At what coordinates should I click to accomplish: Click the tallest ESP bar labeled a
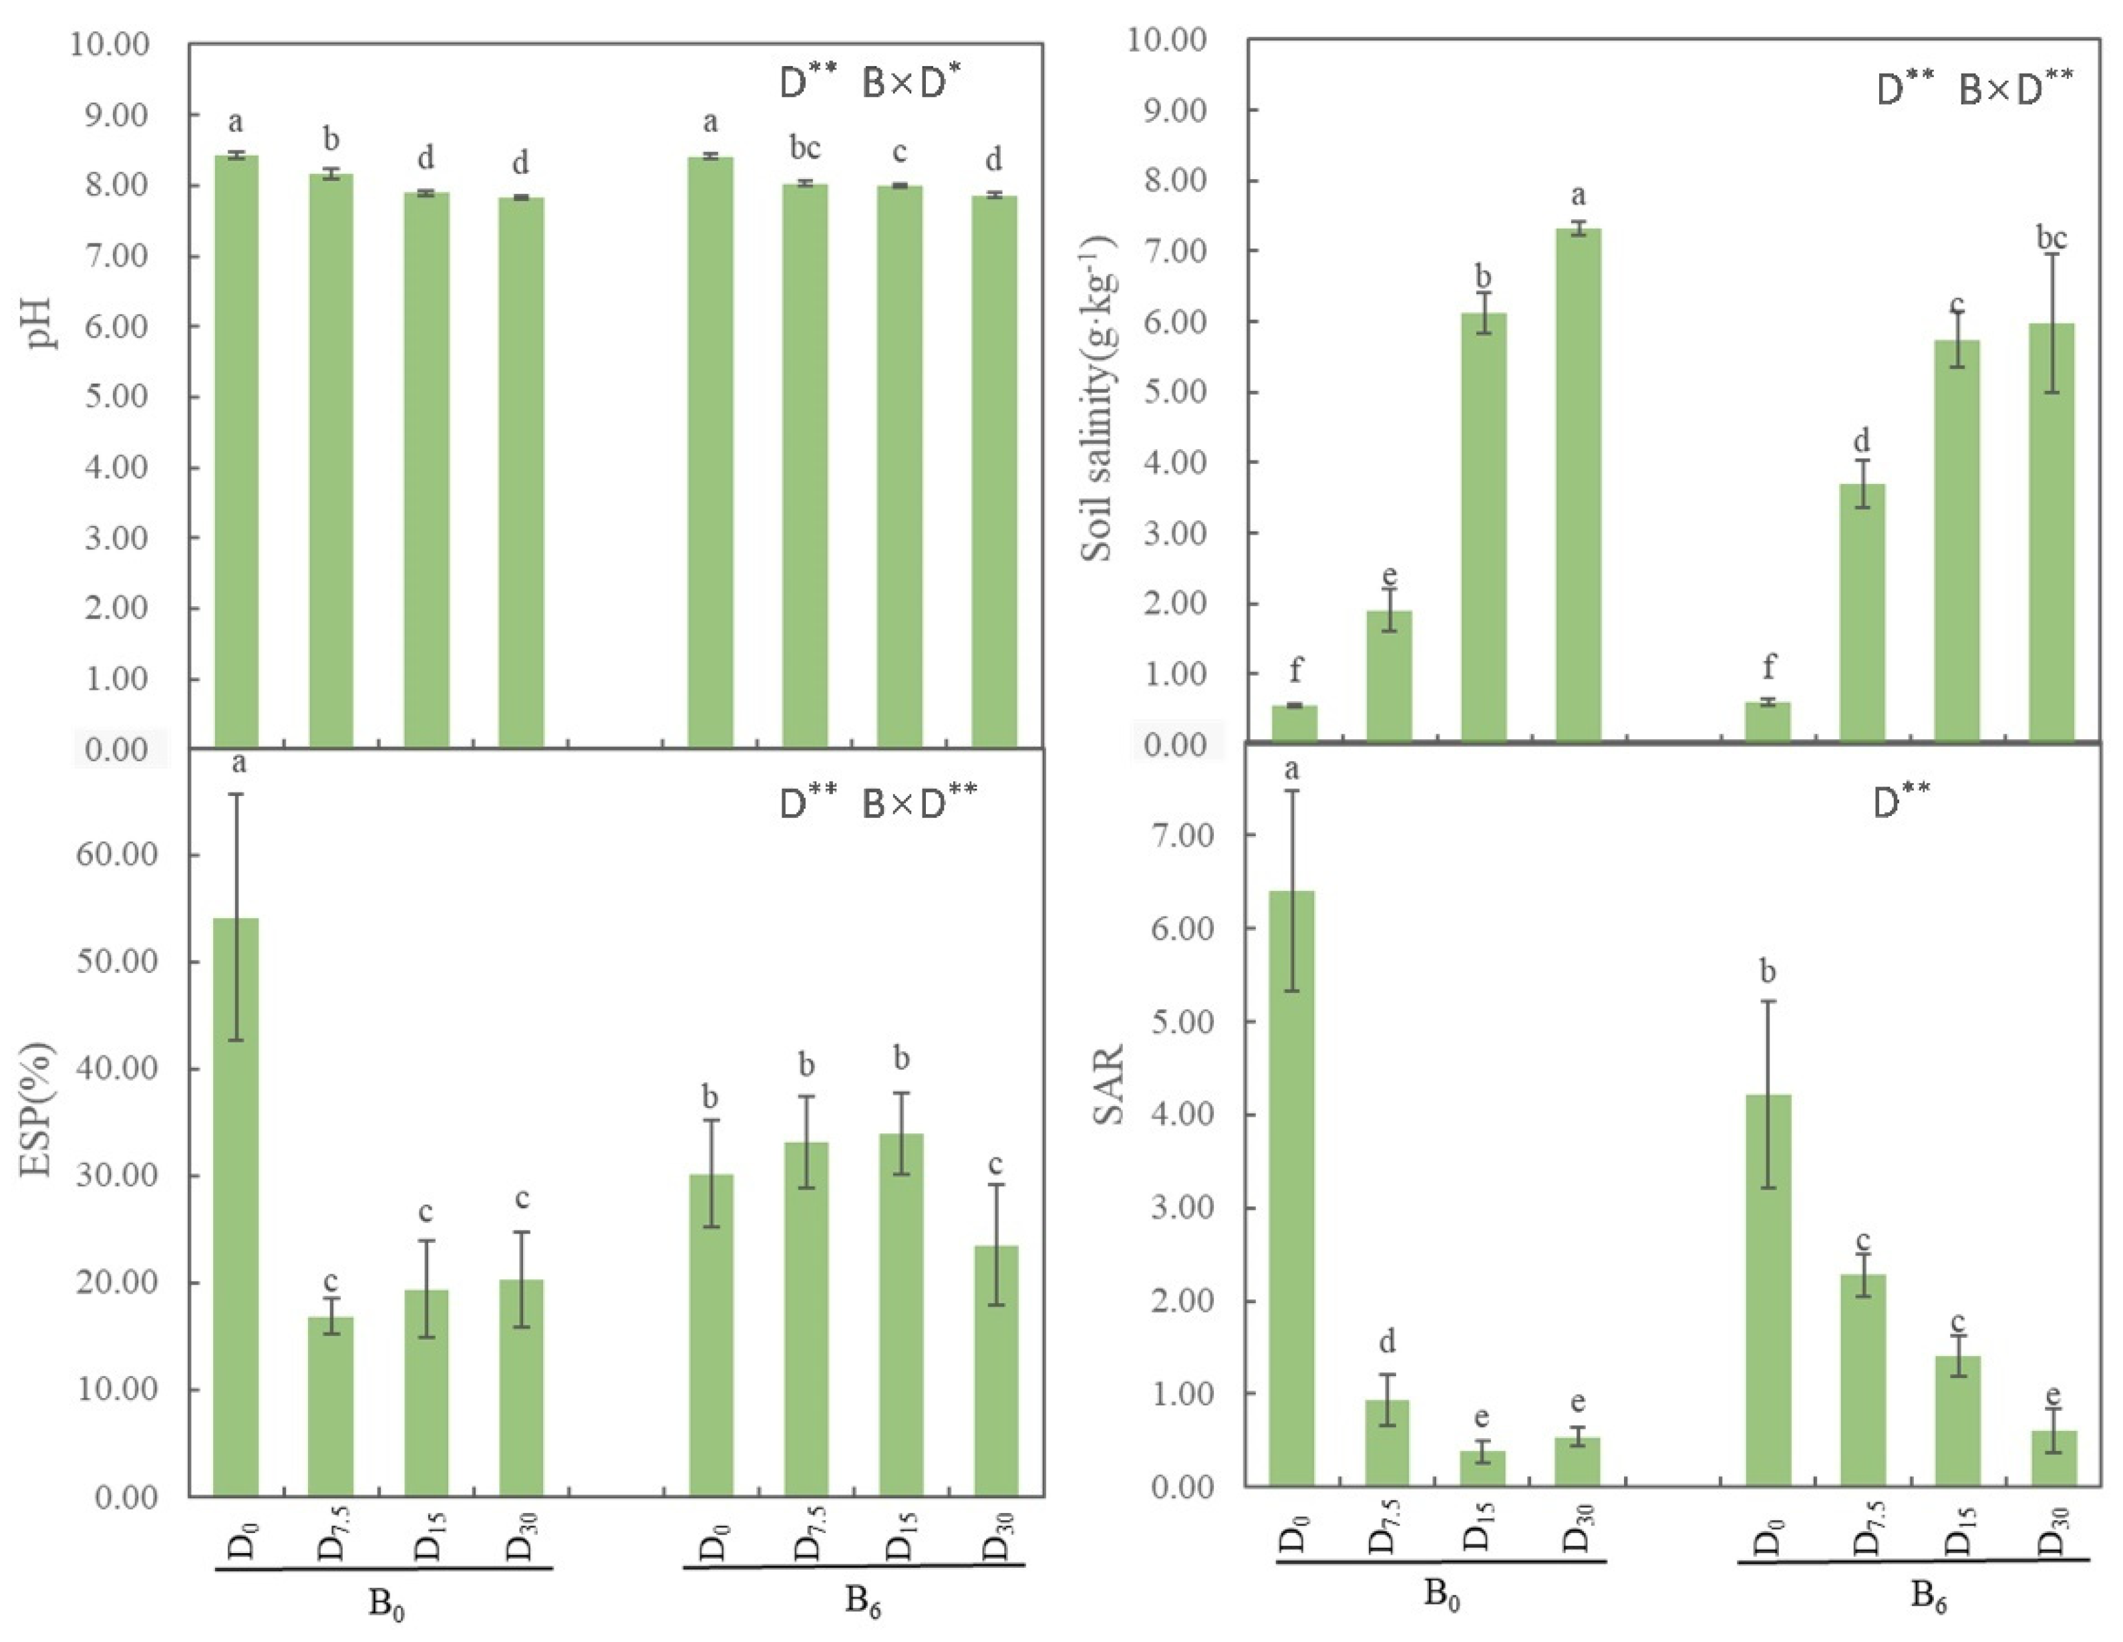click(236, 1206)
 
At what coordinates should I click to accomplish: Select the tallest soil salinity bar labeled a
click(1579, 486)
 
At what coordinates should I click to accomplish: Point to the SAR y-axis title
click(1109, 1085)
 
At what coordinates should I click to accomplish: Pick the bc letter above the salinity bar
click(2051, 237)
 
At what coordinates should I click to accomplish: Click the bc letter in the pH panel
click(805, 149)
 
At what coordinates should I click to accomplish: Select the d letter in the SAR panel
click(1387, 1343)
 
